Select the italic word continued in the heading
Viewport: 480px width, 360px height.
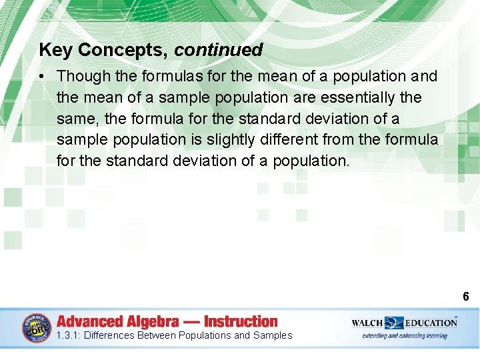pyautogui.click(x=219, y=50)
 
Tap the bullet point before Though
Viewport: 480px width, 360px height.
pyautogui.click(x=42, y=77)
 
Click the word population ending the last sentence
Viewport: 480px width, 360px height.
pyautogui.click(x=310, y=161)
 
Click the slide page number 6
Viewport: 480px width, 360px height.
pyautogui.click(x=465, y=297)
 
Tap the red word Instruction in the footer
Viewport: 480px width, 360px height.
pyautogui.click(x=241, y=321)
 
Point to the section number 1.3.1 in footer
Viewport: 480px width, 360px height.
pyautogui.click(x=68, y=335)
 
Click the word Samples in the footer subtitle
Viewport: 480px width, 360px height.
pyautogui.click(x=273, y=335)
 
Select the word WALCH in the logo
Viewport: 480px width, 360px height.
pyautogui.click(x=367, y=323)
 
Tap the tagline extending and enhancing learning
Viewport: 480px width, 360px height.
pyautogui.click(x=405, y=335)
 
